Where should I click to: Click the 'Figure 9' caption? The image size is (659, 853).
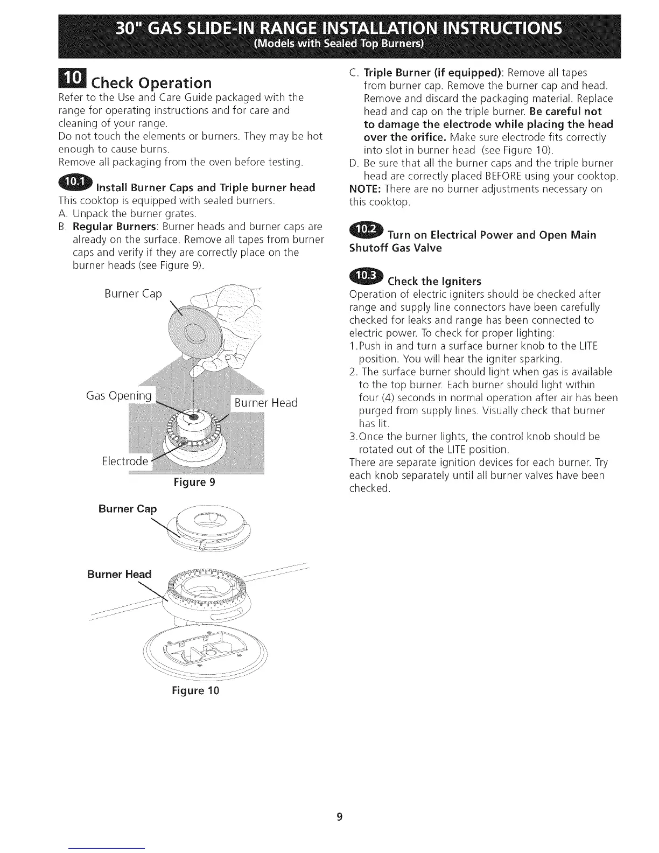(194, 482)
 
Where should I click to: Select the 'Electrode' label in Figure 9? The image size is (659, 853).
(125, 461)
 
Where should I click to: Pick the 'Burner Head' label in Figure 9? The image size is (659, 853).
(265, 403)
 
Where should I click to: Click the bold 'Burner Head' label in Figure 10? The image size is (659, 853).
(119, 574)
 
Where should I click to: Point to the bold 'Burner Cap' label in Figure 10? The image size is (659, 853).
(128, 509)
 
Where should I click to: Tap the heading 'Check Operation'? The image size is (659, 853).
(151, 83)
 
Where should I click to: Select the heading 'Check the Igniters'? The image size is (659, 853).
(434, 281)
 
